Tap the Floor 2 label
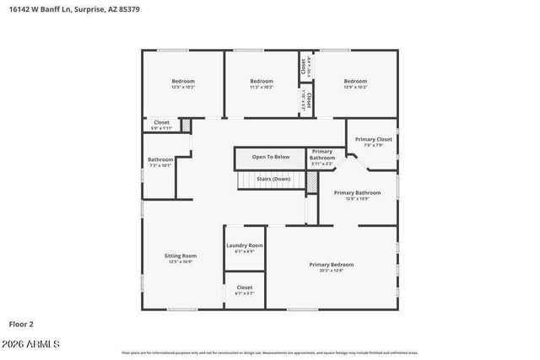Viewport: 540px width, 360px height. point(21,324)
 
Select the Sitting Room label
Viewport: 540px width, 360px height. point(181,255)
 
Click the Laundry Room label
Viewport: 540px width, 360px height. point(245,245)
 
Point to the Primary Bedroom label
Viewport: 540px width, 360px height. point(332,265)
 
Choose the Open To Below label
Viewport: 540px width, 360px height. point(271,157)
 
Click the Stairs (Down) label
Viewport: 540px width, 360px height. point(273,179)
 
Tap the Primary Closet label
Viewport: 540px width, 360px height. point(373,139)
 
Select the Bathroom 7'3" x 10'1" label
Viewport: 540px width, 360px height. point(160,159)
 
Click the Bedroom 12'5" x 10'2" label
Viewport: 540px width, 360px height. point(183,81)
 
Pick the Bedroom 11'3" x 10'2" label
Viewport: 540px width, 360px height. point(262,81)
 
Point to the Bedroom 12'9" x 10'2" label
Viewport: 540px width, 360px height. point(355,81)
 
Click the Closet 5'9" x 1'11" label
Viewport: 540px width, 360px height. point(161,123)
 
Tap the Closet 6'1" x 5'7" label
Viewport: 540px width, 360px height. point(245,287)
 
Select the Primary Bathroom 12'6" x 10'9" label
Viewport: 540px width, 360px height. point(357,193)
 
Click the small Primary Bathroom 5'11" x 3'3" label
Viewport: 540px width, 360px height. point(321,154)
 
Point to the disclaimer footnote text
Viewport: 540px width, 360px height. point(270,352)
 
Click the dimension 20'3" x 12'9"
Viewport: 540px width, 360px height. point(332,271)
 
